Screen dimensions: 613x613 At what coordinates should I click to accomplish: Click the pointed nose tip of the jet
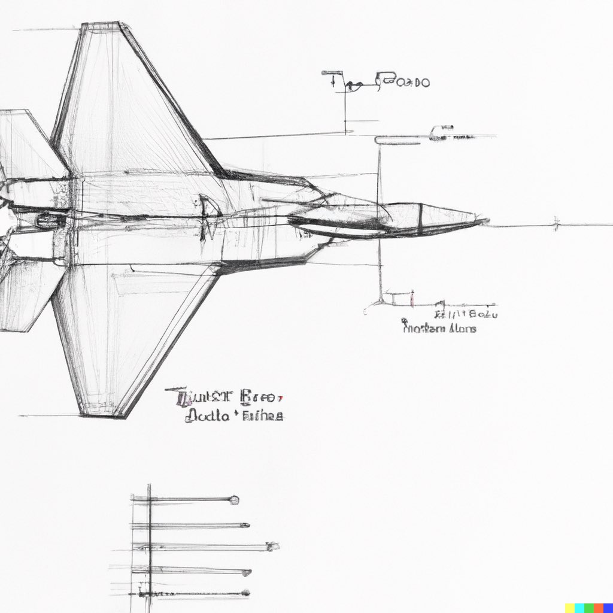484,221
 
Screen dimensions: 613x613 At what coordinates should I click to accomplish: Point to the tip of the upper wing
102,25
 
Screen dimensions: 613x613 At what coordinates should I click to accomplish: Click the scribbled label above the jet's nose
377,81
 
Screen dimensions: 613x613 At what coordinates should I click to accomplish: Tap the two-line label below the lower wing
224,406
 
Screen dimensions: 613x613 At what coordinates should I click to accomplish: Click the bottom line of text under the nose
439,328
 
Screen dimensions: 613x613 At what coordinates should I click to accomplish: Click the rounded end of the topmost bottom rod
235,500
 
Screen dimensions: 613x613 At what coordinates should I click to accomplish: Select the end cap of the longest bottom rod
273,546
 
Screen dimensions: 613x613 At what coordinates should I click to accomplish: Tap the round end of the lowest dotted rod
245,593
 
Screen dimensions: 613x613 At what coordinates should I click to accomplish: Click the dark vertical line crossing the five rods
149,545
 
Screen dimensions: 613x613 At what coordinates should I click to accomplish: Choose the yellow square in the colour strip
570,608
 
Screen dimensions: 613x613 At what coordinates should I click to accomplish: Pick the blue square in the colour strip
579,608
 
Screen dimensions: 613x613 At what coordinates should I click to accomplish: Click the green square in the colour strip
589,608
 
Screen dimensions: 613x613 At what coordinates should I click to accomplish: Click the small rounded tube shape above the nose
395,140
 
